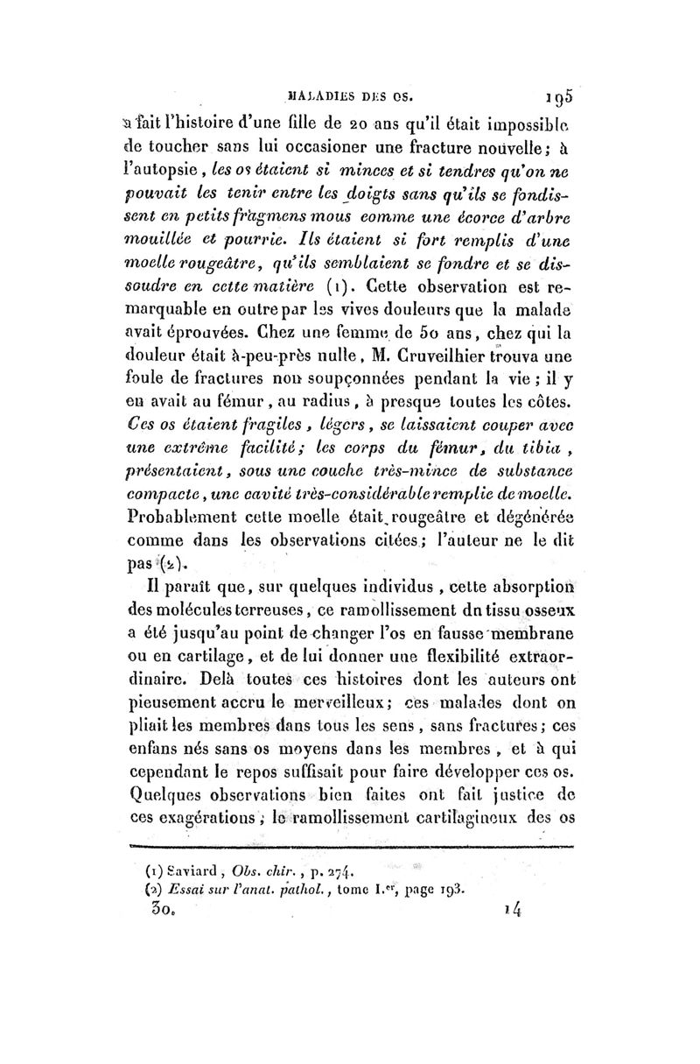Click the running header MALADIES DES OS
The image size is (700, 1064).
coord(354,90)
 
